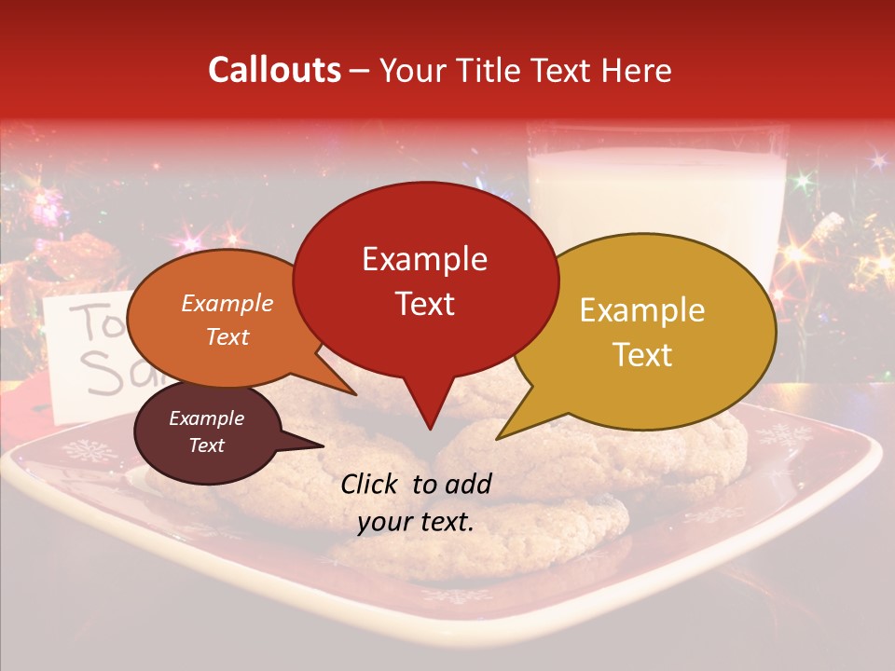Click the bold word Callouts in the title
coord(274,70)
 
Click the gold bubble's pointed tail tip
coord(498,438)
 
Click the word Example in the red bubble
coord(424,258)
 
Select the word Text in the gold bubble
coord(643,355)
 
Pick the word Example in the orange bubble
coord(227,303)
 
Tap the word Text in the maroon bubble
coord(206,445)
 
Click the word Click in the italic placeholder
coord(371,484)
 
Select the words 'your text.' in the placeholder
coord(416,522)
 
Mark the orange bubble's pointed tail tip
coord(355,394)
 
